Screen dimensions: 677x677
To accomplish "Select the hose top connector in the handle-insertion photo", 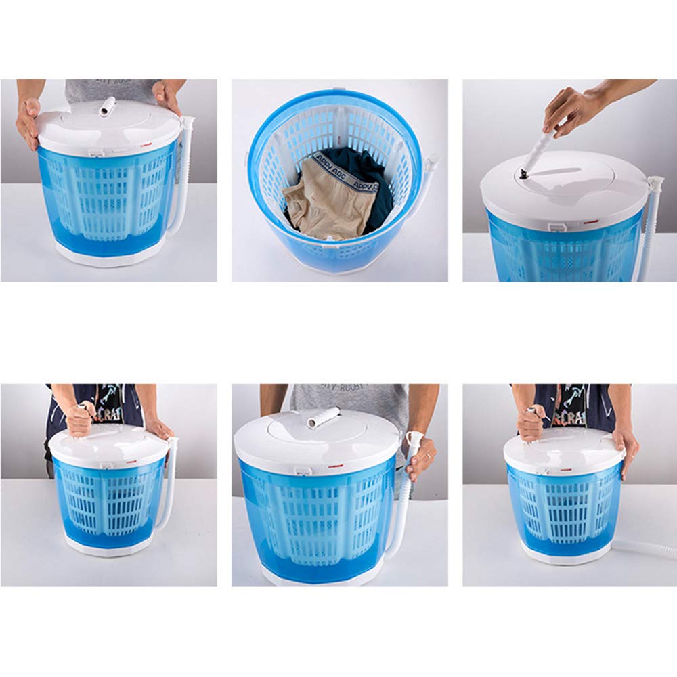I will [x=654, y=183].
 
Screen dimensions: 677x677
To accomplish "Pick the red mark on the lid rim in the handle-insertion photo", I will [x=588, y=221].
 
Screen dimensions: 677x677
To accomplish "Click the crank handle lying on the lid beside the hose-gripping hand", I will [x=324, y=418].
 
